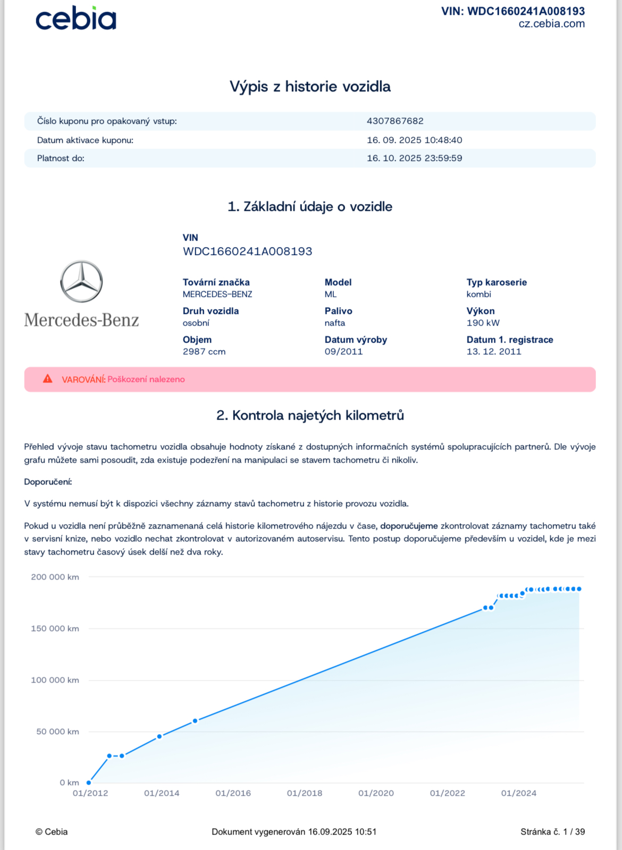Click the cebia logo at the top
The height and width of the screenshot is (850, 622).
point(75,19)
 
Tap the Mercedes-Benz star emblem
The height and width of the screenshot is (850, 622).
point(81,282)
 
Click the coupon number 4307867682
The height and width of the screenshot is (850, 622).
point(395,121)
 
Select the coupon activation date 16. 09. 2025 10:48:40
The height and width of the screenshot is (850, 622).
point(414,140)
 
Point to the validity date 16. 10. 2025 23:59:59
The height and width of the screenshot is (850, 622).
point(414,158)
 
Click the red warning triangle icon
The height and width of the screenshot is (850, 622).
point(48,379)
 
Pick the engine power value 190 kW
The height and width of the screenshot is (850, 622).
point(483,323)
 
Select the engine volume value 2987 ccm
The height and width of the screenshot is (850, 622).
point(204,352)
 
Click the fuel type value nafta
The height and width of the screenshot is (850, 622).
point(335,323)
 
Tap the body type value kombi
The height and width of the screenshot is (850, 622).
point(478,294)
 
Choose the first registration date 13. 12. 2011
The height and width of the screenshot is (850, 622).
point(494,352)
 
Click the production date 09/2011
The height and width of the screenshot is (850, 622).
point(343,352)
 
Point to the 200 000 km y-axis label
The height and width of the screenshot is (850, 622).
point(55,577)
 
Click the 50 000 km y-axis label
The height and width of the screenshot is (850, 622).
point(57,732)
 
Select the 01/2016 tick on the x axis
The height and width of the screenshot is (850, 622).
point(233,793)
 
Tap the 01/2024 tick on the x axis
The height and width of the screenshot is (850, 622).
point(518,793)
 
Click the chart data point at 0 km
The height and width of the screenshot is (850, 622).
point(89,783)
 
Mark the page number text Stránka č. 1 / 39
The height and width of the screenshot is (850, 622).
point(552,832)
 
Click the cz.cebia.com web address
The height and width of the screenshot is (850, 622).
point(551,24)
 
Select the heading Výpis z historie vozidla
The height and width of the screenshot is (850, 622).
point(310,87)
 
